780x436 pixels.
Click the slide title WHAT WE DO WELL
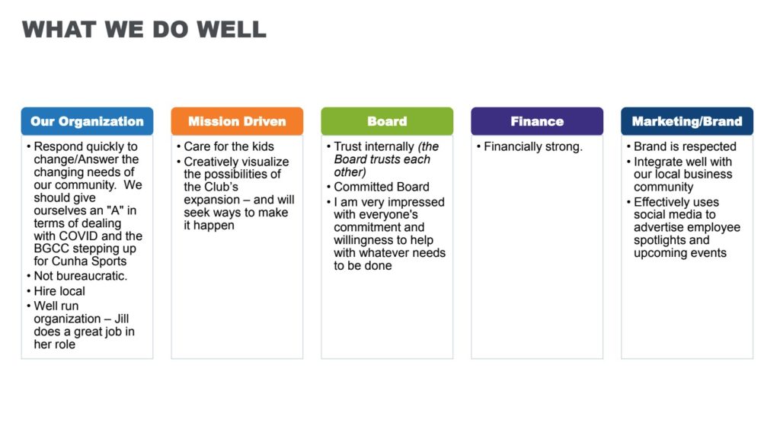144,30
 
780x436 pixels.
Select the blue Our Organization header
87,121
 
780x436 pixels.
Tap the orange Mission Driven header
237,121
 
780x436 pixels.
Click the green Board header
387,121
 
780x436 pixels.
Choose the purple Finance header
537,121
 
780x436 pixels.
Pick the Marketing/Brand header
687,121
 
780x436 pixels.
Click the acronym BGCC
52,248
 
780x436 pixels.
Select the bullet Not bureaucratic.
80,276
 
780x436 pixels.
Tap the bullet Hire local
59,291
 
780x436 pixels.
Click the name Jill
121,319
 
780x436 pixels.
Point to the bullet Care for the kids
229,146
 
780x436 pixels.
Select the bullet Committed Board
382,187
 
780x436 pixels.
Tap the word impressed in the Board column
416,202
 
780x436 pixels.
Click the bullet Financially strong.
532,146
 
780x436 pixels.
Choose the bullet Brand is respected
685,146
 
